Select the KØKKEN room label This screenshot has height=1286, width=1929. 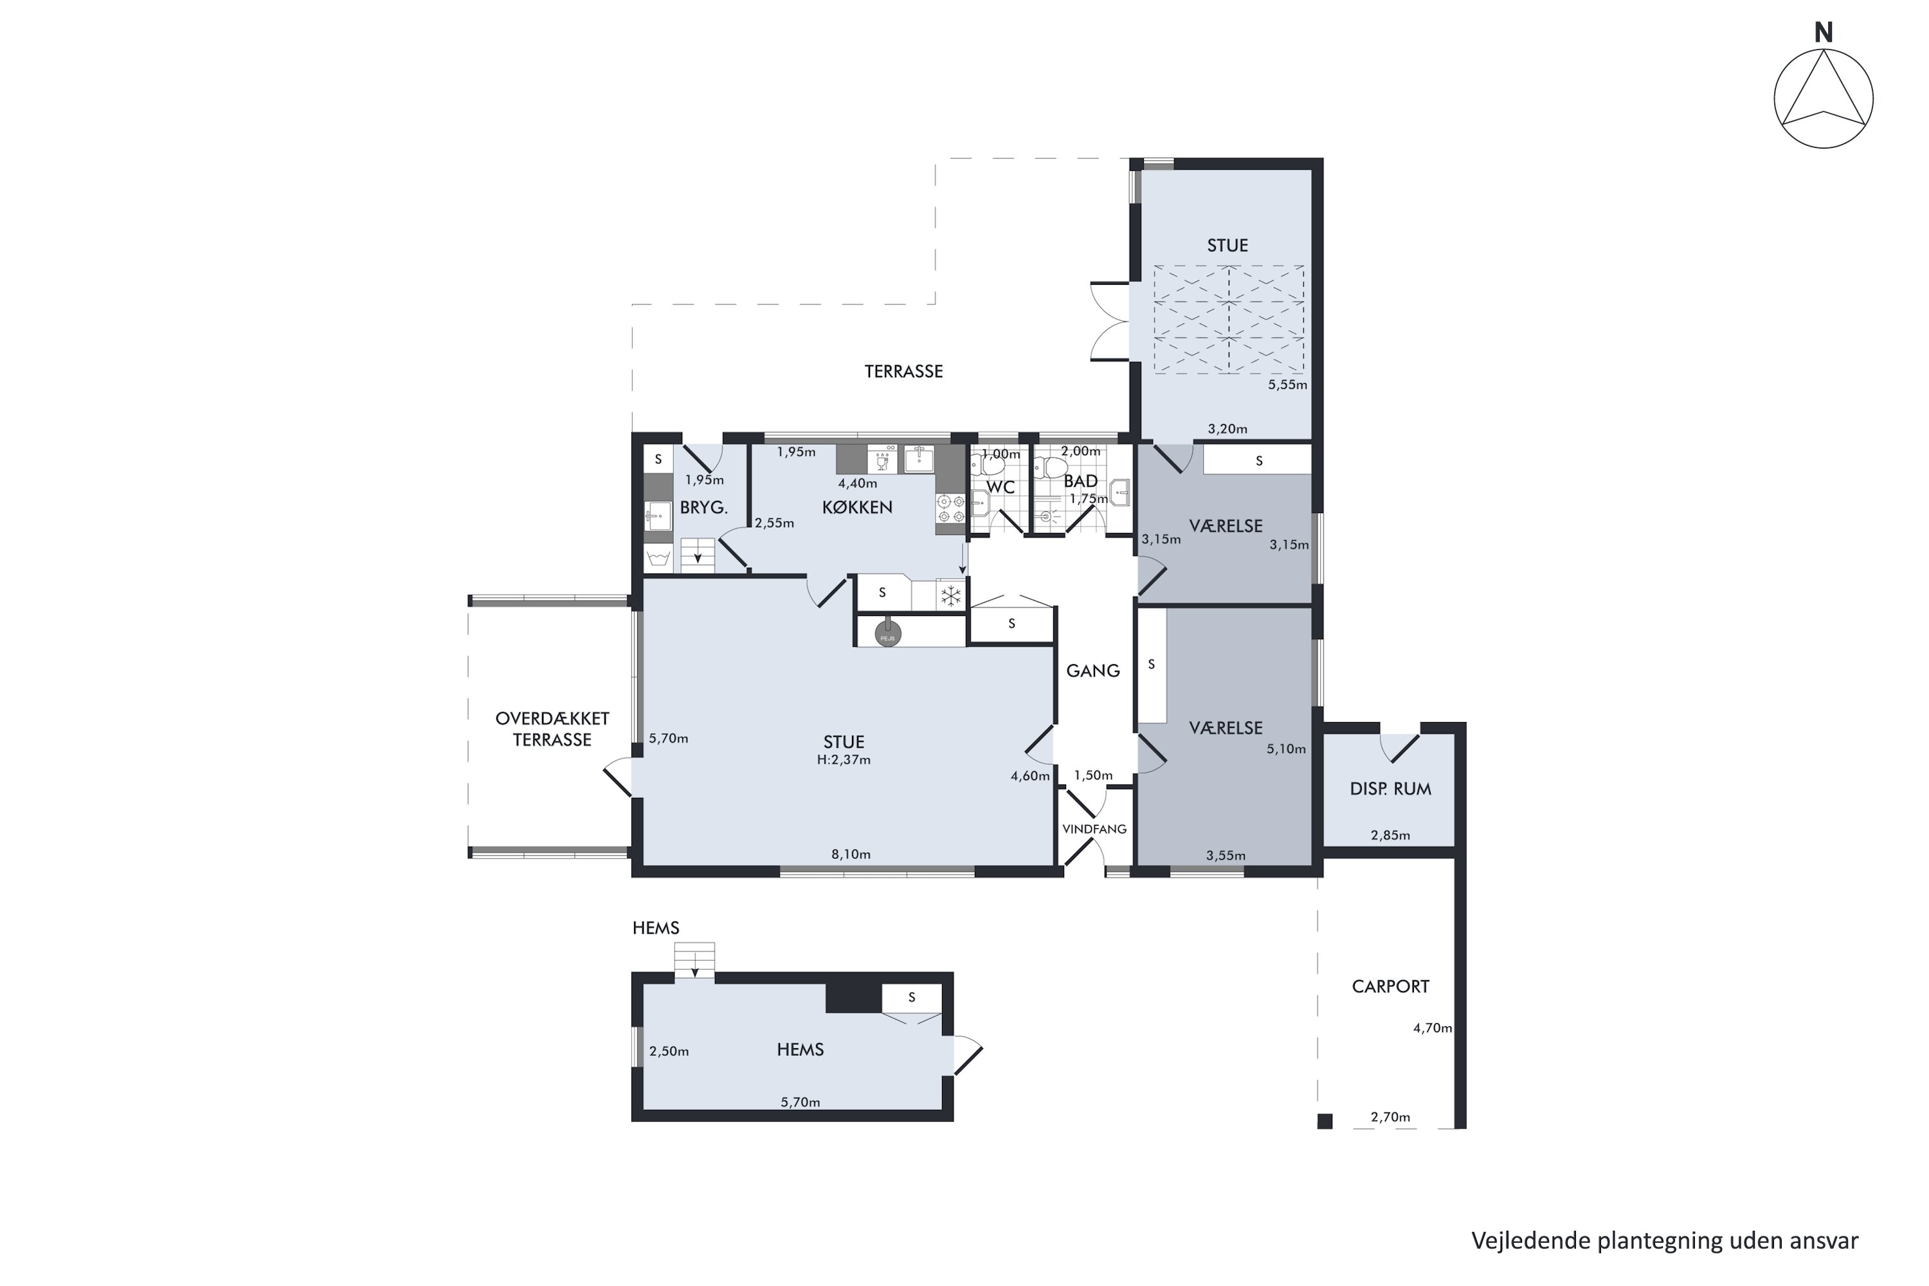tap(857, 508)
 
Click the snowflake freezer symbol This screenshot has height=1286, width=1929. tap(950, 596)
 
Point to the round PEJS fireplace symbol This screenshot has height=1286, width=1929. tap(887, 634)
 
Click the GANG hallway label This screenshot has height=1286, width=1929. tap(1092, 671)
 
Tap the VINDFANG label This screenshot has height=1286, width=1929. tap(1094, 829)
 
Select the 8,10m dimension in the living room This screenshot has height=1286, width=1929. tap(851, 854)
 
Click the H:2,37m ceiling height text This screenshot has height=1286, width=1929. tap(843, 760)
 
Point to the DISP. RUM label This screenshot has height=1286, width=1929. tap(1390, 789)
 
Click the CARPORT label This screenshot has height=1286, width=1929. tap(1390, 986)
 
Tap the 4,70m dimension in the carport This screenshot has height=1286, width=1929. tap(1432, 1028)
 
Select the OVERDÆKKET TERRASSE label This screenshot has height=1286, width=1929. tap(552, 729)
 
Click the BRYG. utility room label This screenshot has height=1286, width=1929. tap(703, 508)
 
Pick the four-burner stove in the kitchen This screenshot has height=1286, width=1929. tap(950, 509)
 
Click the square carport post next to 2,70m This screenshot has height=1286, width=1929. tap(1325, 1121)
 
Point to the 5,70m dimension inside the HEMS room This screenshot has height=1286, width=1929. tap(800, 1102)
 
